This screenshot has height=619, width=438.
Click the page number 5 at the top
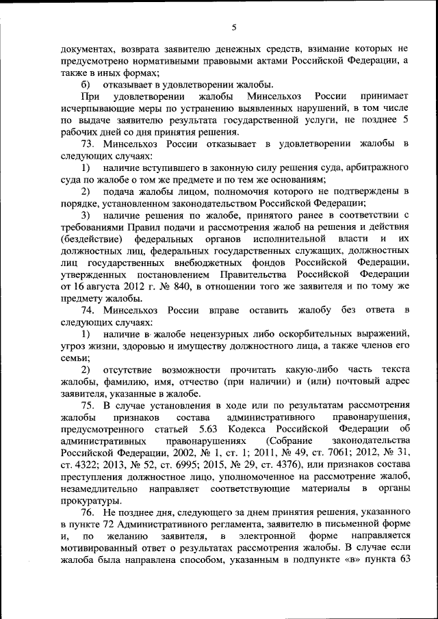[x=233, y=27]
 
